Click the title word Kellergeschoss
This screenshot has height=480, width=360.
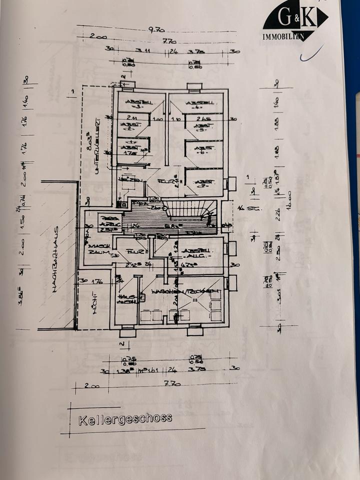pos(125,418)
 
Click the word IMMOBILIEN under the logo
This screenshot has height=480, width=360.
pos(284,37)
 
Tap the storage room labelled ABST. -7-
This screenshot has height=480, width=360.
pos(203,182)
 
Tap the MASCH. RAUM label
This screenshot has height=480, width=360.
pos(95,250)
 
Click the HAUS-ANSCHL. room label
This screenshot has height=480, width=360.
pos(124,299)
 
